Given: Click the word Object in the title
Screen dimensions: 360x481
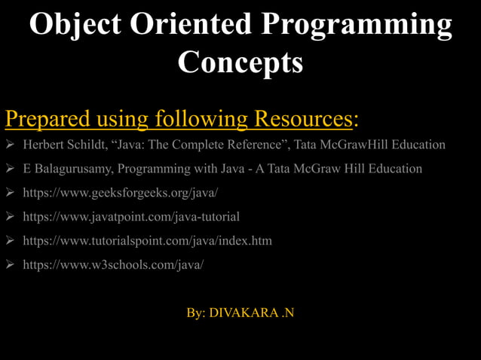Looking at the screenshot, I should (79, 25).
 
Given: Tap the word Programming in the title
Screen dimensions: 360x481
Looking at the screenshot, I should (356, 25).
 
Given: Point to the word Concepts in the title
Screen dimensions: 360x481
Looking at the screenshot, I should (240, 62).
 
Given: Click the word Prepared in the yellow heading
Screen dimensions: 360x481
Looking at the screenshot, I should (48, 118).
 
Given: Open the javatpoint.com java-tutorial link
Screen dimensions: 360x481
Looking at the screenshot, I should (131, 217).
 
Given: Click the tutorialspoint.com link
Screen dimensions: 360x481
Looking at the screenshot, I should (147, 241).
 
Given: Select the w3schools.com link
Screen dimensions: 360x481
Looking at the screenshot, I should (113, 265).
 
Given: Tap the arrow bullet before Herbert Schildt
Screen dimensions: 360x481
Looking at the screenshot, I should (11, 145).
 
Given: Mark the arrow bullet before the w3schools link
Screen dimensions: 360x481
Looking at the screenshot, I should (11, 265).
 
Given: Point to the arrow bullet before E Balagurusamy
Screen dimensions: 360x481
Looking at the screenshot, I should (11, 169).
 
